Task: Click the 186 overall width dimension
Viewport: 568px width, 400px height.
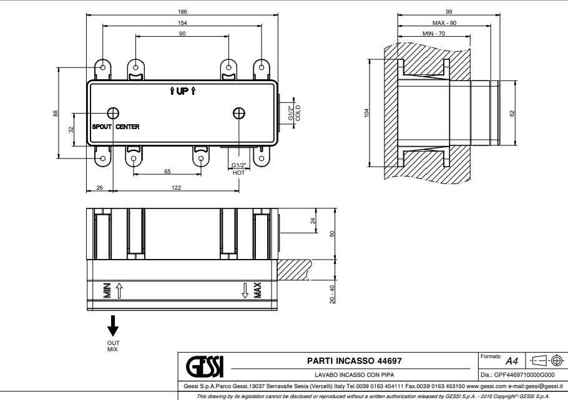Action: [181, 12]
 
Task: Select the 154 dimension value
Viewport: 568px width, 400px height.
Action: [181, 22]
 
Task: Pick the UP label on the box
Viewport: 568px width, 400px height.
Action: [182, 92]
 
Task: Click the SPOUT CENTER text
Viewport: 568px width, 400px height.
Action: [115, 127]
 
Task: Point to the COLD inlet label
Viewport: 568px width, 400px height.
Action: [298, 114]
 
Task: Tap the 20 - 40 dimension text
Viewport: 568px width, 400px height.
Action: [332, 293]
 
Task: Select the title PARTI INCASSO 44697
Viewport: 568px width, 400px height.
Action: [354, 360]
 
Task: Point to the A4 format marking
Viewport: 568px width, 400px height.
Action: [511, 361]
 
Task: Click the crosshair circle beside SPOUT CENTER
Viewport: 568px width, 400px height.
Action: [113, 113]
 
